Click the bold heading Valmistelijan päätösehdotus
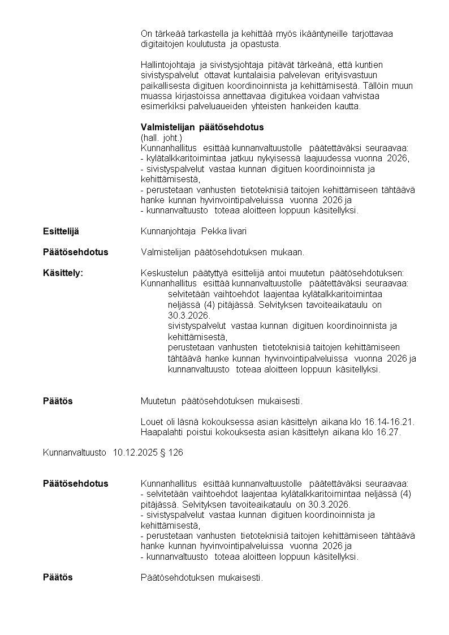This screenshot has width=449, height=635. tap(202, 127)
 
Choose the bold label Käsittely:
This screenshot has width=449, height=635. tap(63, 273)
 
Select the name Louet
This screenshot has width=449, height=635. tap(151, 422)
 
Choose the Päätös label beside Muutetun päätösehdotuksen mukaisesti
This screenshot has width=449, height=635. tap(58, 401)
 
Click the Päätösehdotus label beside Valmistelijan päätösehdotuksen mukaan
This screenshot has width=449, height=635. tap(75, 252)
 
